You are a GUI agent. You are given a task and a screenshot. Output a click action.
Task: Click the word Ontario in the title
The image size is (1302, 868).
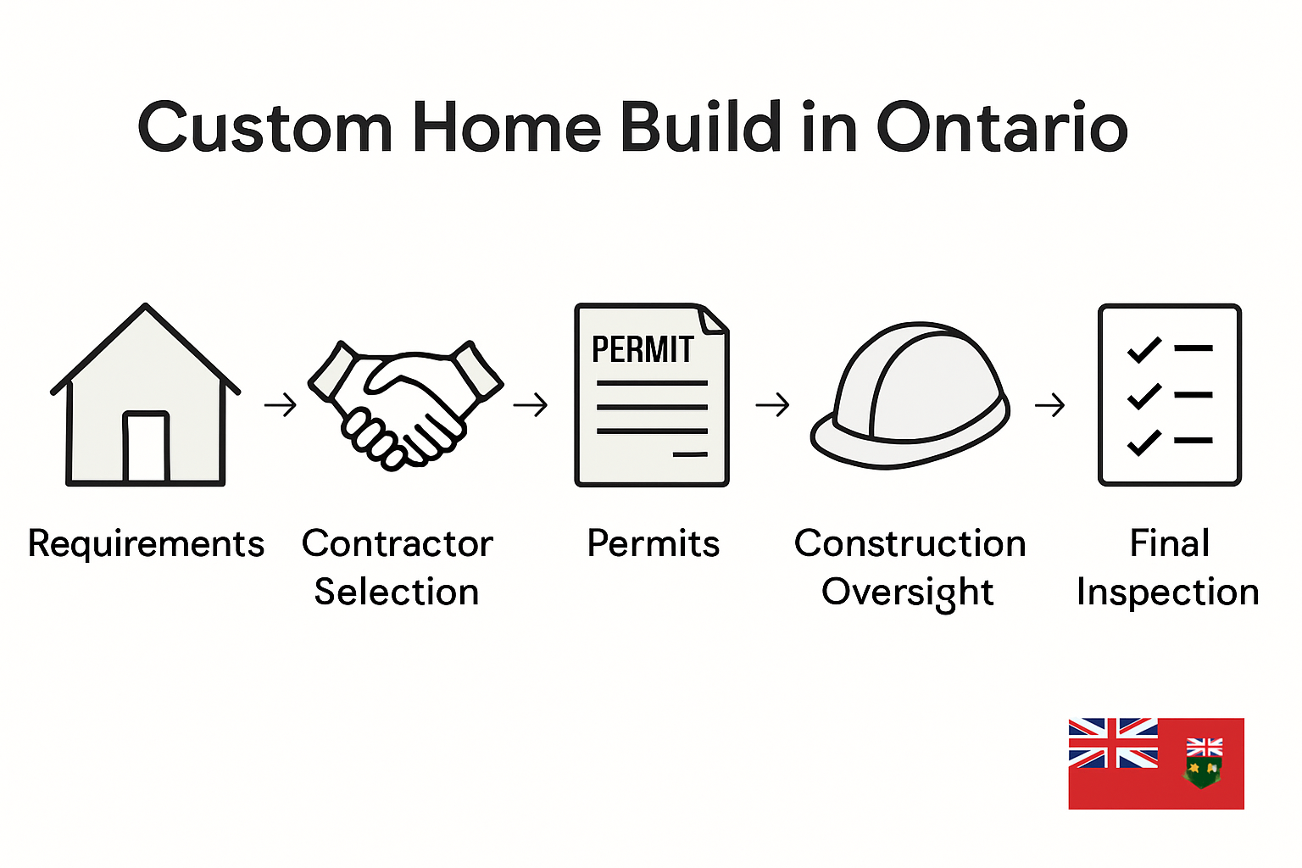click(x=1001, y=128)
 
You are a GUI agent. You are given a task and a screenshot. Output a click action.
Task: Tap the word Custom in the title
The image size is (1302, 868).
click(x=264, y=128)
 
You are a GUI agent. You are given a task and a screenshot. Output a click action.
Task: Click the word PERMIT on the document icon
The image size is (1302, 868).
click(x=642, y=349)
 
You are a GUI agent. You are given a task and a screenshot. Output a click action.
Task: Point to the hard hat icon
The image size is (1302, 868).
click(x=910, y=395)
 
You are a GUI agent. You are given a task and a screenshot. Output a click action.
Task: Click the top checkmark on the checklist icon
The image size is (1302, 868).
click(x=1143, y=348)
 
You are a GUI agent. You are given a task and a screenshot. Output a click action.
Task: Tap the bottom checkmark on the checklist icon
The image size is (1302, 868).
click(x=1143, y=442)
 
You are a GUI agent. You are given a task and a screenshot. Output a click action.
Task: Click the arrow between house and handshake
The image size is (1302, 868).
click(x=281, y=405)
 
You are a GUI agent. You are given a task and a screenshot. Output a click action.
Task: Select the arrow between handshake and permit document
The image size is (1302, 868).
click(x=531, y=405)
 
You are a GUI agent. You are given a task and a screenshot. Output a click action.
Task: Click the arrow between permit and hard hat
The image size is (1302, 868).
click(x=772, y=405)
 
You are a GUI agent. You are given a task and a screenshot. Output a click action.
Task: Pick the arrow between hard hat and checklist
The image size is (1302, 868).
click(x=1049, y=405)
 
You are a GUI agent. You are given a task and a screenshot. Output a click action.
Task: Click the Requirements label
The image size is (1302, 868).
click(x=146, y=543)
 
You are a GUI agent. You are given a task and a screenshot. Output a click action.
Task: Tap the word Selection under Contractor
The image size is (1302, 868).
click(x=397, y=592)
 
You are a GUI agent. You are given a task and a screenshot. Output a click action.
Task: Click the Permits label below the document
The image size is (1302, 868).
click(x=653, y=543)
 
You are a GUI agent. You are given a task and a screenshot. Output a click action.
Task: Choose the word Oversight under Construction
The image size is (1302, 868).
click(x=907, y=592)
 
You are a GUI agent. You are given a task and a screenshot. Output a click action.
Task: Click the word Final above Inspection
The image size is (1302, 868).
click(x=1170, y=543)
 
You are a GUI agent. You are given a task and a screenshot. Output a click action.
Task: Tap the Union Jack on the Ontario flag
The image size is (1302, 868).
click(x=1112, y=743)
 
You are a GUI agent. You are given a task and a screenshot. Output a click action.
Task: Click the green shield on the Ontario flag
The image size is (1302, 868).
click(x=1203, y=771)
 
